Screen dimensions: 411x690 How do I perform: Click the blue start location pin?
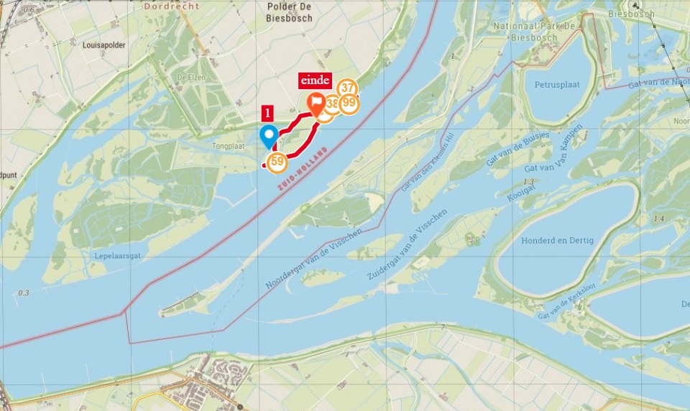pyautogui.click(x=270, y=135)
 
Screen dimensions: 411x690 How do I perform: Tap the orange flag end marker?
pyautogui.click(x=316, y=103)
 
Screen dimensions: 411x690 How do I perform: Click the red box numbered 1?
pyautogui.click(x=268, y=113)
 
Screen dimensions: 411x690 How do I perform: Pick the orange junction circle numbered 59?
pyautogui.click(x=276, y=161)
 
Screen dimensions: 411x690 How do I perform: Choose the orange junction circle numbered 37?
pyautogui.click(x=348, y=88)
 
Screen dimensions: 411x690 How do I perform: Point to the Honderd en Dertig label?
pyautogui.click(x=558, y=240)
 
